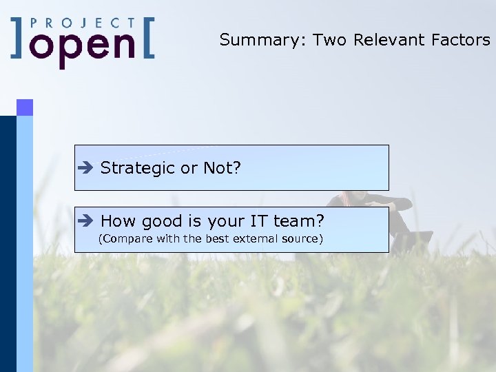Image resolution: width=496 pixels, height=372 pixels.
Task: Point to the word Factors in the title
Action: pyautogui.click(x=461, y=40)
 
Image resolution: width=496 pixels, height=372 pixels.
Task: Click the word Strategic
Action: pyautogui.click(x=138, y=168)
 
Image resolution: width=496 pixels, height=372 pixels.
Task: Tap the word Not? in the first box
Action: pyautogui.click(x=222, y=168)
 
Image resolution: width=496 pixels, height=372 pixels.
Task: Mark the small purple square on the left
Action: pyautogui.click(x=25, y=107)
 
